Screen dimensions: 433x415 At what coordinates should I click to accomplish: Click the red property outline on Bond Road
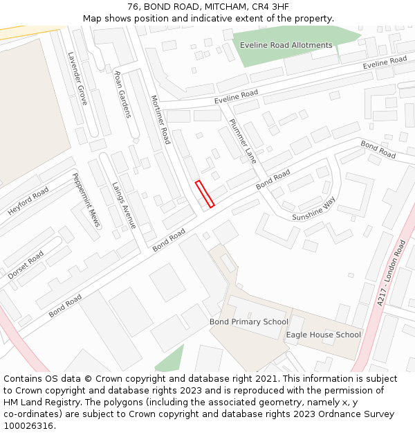205,194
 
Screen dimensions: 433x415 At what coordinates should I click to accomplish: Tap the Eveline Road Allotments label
286,46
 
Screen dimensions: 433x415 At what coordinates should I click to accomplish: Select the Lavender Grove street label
77,78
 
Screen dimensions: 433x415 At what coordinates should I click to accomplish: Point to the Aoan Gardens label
122,94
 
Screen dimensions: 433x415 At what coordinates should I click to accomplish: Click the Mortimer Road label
160,119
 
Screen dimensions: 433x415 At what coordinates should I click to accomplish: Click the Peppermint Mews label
86,200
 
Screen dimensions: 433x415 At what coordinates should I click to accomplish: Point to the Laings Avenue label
124,206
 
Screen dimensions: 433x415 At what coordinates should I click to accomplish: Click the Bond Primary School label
249,322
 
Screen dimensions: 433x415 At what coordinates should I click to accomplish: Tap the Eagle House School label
324,335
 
